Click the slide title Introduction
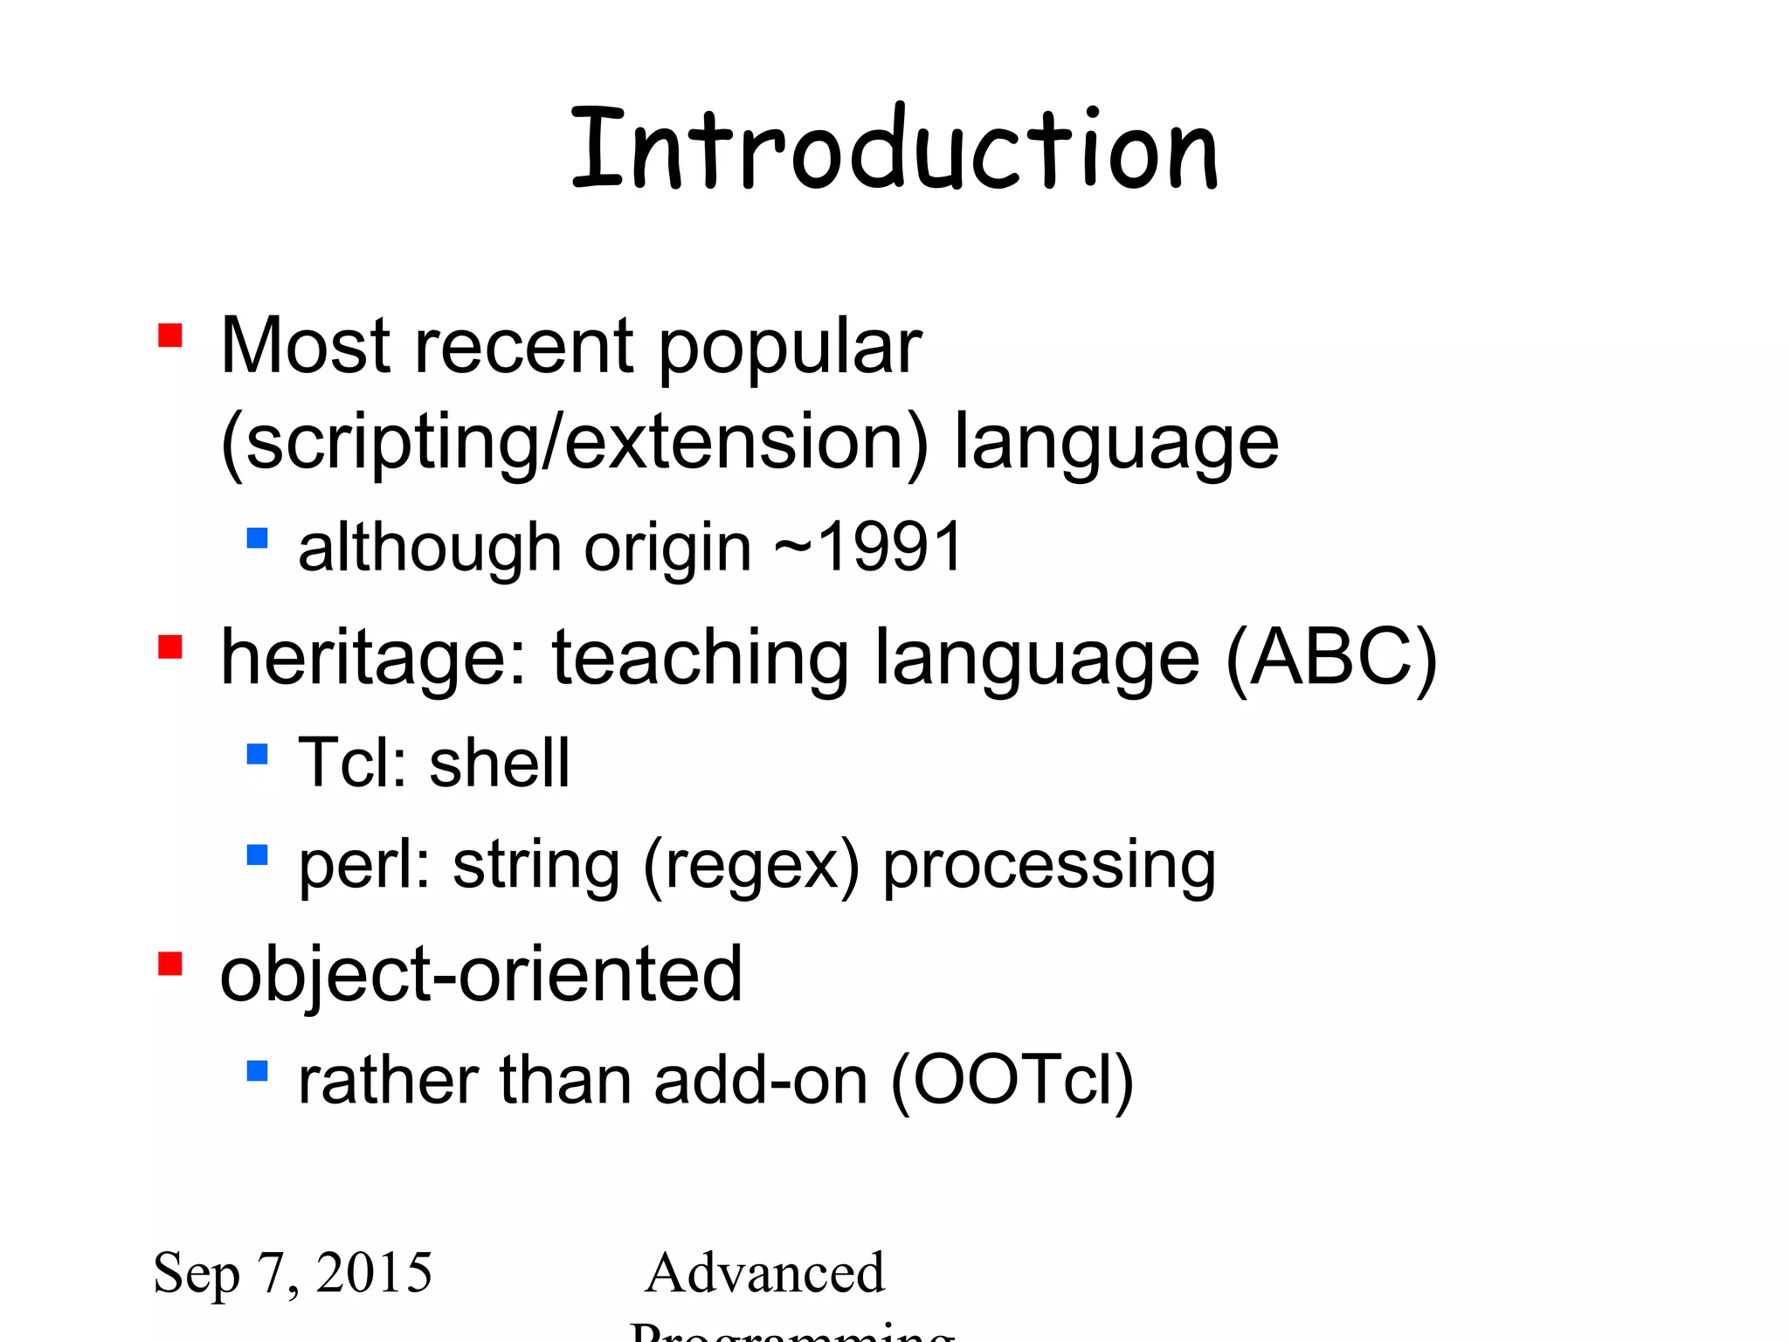(x=894, y=149)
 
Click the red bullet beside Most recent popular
(x=169, y=335)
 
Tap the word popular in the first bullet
(x=790, y=348)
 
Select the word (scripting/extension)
(x=575, y=444)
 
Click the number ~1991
(x=868, y=548)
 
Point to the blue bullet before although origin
(x=257, y=537)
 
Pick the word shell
(x=500, y=763)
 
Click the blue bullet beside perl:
(x=257, y=854)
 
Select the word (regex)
(x=751, y=865)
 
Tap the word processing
(x=1049, y=865)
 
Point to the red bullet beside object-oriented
(x=169, y=964)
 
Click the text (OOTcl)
(x=1012, y=1081)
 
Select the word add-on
(x=760, y=1081)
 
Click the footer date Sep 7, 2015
(x=293, y=1273)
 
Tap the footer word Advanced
(x=764, y=1273)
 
